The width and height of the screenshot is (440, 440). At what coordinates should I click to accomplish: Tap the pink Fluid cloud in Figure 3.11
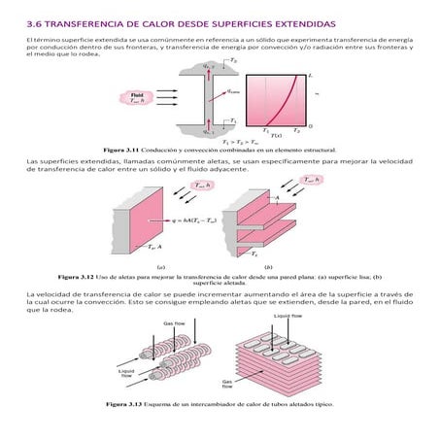pos(134,98)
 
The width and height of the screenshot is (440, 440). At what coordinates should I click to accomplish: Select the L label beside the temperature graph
pos(309,75)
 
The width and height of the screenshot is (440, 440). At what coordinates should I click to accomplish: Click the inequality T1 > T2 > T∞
pos(225,142)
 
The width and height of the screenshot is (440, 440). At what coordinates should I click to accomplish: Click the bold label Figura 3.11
pos(120,151)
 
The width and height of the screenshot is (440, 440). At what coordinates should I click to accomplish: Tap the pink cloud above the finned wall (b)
pos(314,181)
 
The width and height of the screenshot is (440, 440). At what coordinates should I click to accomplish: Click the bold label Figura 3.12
pos(78,275)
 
